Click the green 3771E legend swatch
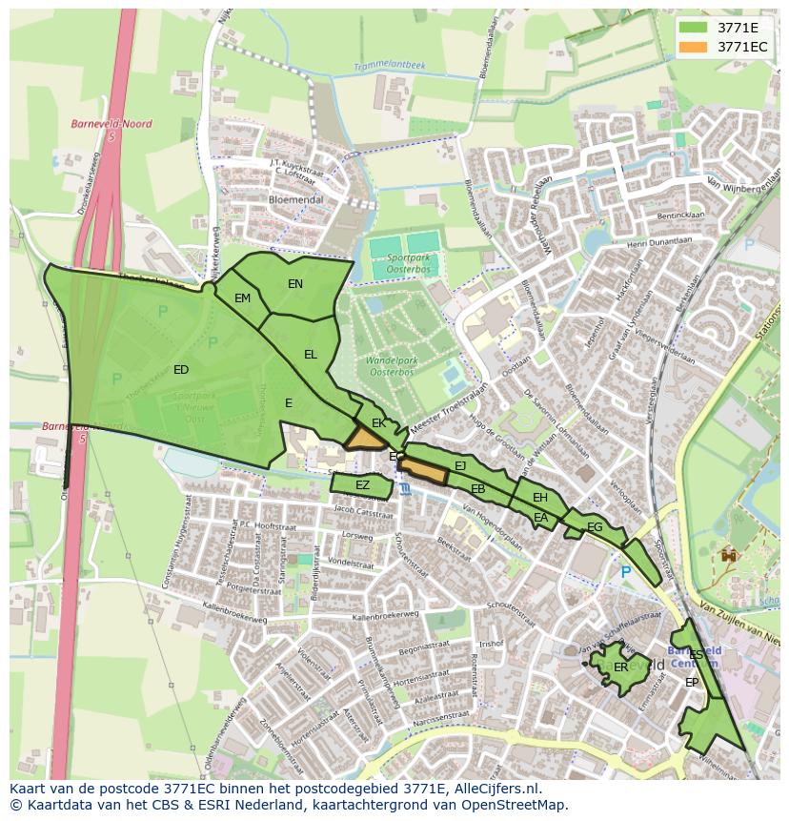pyautogui.click(x=694, y=27)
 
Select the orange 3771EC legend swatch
pyautogui.click(x=694, y=46)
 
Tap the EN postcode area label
pyautogui.click(x=295, y=284)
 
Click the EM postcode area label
pyautogui.click(x=242, y=298)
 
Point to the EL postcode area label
pyautogui.click(x=310, y=355)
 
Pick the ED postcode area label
pyautogui.click(x=181, y=370)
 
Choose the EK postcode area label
pyautogui.click(x=378, y=423)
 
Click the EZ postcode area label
pyautogui.click(x=362, y=485)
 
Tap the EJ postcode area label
pyautogui.click(x=460, y=466)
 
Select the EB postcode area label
pyautogui.click(x=478, y=489)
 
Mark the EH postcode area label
pyautogui.click(x=540, y=498)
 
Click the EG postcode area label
pyautogui.click(x=595, y=527)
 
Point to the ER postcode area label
pyautogui.click(x=620, y=667)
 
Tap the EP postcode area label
pyautogui.click(x=692, y=683)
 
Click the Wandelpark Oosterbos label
pyautogui.click(x=395, y=367)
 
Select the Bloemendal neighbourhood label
pyautogui.click(x=295, y=200)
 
